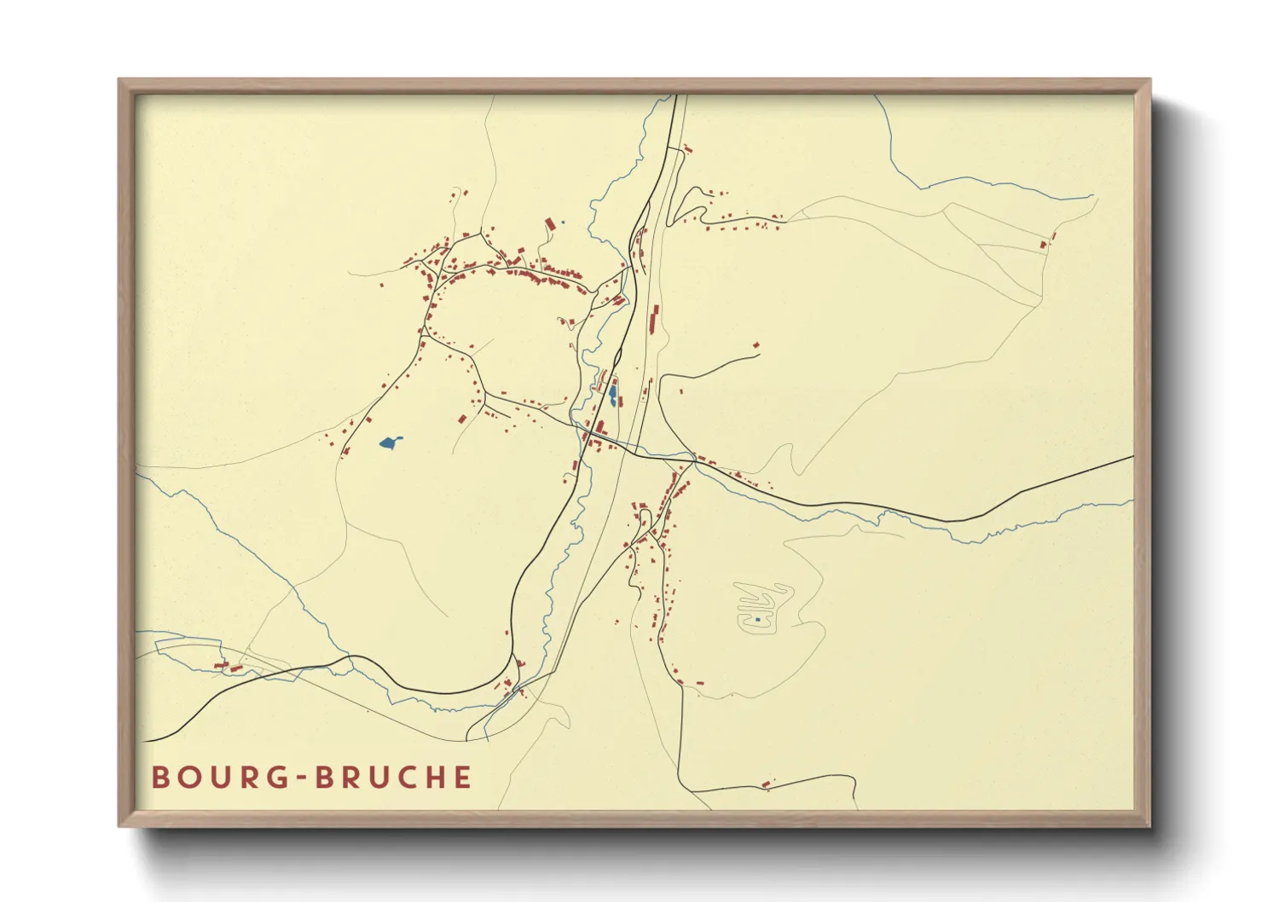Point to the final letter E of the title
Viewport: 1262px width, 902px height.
click(463, 778)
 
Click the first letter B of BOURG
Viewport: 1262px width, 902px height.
click(159, 778)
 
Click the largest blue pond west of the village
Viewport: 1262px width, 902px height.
click(390, 442)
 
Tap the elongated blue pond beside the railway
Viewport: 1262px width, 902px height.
click(612, 394)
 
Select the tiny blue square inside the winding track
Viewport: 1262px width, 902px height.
click(756, 619)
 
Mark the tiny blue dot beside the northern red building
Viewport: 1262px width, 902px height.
click(563, 223)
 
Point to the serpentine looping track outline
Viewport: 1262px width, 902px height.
click(763, 607)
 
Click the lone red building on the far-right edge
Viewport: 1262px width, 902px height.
click(1043, 245)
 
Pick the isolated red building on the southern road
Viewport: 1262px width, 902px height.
click(766, 783)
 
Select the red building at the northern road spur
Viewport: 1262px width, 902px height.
click(687, 149)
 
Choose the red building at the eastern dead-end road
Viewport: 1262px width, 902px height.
click(755, 345)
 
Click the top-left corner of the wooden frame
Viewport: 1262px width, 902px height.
click(119, 80)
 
